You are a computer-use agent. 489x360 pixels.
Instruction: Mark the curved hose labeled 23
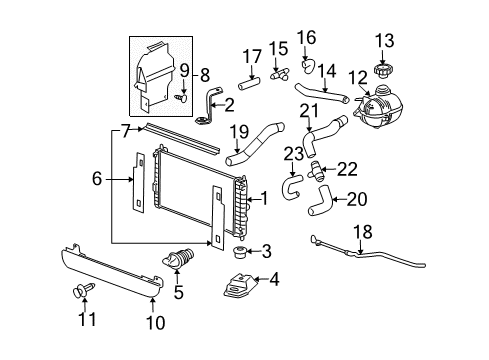(291, 185)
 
